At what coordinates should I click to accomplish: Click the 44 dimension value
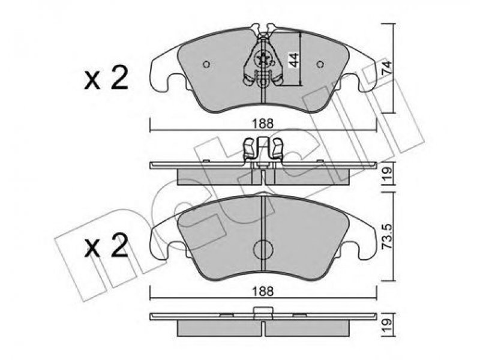pos(294,59)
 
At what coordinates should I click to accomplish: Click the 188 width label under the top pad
pos(263,124)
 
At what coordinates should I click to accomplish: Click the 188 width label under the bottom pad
pos(263,291)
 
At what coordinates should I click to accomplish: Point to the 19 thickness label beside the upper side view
pos(387,174)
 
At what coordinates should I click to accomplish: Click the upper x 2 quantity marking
pos(106,79)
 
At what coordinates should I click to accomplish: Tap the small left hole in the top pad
pos(206,64)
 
